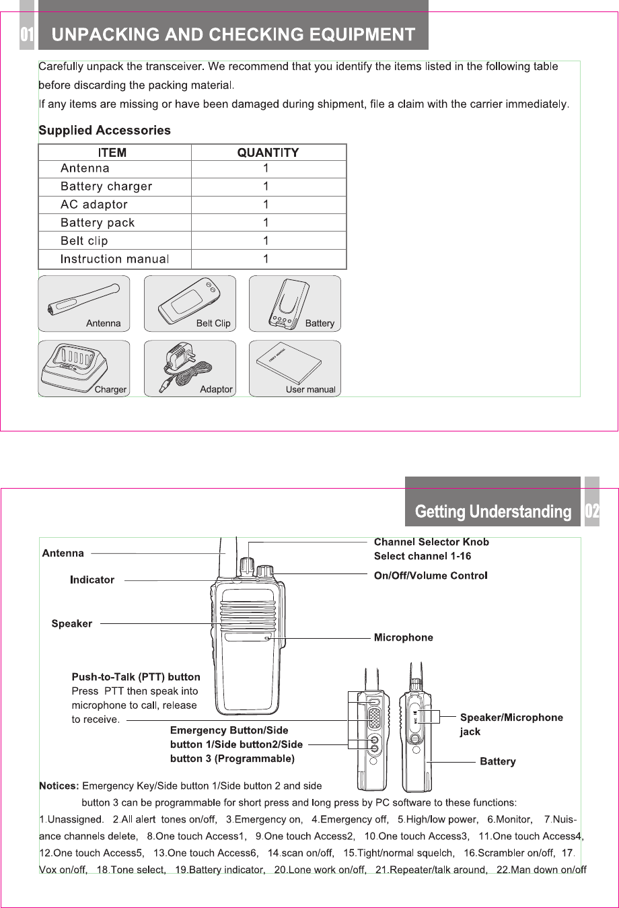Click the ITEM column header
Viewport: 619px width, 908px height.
[x=112, y=153]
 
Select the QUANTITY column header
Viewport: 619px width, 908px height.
[x=268, y=153]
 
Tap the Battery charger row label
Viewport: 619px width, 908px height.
[x=106, y=186]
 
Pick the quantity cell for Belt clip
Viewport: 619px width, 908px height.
[x=266, y=241]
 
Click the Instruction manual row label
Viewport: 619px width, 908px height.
[x=114, y=259]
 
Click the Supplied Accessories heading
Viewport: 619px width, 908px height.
[x=104, y=131]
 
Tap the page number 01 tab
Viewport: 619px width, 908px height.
[x=26, y=34]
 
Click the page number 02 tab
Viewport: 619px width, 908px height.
[x=592, y=512]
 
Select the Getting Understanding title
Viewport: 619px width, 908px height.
[x=493, y=512]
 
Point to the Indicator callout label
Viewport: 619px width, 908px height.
[x=92, y=580]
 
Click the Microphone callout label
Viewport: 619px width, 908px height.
[x=404, y=637]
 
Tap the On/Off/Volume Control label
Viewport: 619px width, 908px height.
[x=431, y=575]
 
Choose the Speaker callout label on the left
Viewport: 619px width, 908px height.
[x=72, y=624]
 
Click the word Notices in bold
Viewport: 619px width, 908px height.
[x=59, y=785]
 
